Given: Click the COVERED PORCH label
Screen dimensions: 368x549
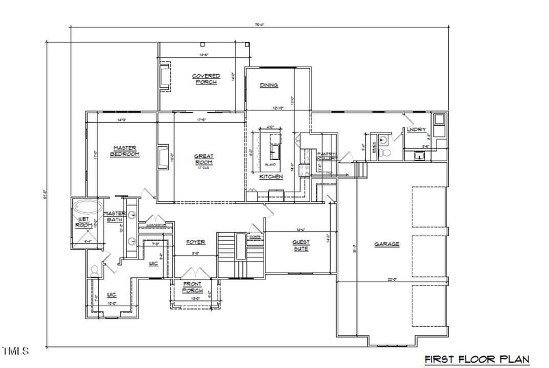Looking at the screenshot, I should tap(205, 79).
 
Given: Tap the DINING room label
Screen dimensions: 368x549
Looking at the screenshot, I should tap(268, 85).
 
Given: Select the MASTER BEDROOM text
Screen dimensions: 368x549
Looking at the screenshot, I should tap(125, 151).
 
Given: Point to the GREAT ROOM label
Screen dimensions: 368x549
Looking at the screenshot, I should tap(204, 159).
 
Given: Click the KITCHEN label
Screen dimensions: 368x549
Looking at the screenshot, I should tap(271, 176).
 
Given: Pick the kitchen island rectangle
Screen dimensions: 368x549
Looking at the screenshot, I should tap(276, 146).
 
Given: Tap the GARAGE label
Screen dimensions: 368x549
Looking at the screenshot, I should tap(386, 244).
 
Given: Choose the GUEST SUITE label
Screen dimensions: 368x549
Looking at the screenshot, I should tap(301, 245).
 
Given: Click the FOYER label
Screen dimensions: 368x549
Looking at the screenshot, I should tap(196, 242).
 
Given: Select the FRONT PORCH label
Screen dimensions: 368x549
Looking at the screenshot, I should tap(192, 288).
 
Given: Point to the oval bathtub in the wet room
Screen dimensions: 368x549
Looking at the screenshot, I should tap(87, 207).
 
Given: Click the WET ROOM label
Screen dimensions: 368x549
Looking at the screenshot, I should tap(84, 222).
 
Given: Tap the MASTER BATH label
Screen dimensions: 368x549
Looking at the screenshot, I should tap(114, 216).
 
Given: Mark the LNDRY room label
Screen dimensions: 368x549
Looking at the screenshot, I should tap(416, 129).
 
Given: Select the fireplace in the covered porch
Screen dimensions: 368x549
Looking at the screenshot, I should tap(165, 77).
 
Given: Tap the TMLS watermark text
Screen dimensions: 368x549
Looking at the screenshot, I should tap(15, 352).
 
